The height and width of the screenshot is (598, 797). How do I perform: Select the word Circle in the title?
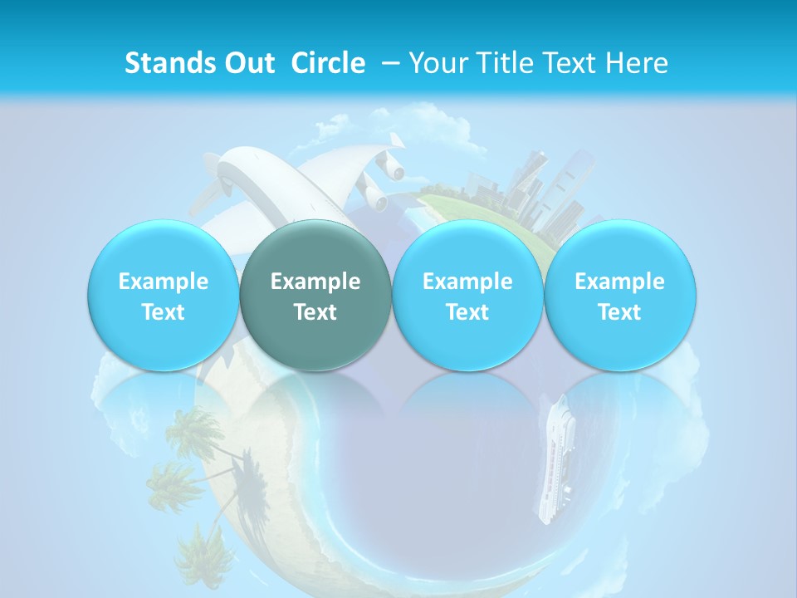pos(328,63)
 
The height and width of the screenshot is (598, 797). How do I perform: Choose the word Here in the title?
pos(637,63)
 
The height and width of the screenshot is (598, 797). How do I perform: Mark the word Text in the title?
pos(570,63)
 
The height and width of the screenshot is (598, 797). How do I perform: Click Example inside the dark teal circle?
pos(315,282)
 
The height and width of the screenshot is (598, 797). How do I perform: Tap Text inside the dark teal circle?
pos(315,312)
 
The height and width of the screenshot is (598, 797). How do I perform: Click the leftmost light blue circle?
pos(163,295)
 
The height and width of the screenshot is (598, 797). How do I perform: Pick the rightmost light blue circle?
pos(619,295)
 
